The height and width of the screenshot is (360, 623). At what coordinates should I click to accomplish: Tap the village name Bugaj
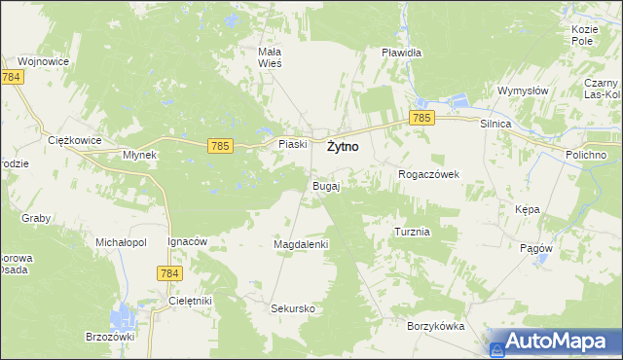pyautogui.click(x=325, y=185)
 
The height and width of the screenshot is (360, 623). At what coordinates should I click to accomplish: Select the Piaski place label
pyautogui.click(x=293, y=144)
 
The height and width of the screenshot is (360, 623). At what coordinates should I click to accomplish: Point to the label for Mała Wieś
pyautogui.click(x=269, y=56)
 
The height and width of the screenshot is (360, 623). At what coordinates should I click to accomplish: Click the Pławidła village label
pyautogui.click(x=401, y=52)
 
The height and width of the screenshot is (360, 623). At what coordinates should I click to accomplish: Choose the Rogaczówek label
pyautogui.click(x=428, y=174)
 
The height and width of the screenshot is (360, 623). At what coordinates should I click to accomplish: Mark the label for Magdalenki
pyautogui.click(x=302, y=244)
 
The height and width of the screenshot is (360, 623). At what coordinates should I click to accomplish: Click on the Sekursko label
pyautogui.click(x=293, y=307)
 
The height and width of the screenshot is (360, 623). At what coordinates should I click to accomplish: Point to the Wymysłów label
pyautogui.click(x=524, y=90)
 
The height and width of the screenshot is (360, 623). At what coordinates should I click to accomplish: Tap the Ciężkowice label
pyautogui.click(x=75, y=140)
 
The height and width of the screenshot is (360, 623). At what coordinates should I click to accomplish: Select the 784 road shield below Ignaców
pyautogui.click(x=168, y=274)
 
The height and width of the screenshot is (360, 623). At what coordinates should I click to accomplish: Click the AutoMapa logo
pyautogui.click(x=554, y=342)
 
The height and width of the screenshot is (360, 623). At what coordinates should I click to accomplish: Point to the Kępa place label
pyautogui.click(x=527, y=209)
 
